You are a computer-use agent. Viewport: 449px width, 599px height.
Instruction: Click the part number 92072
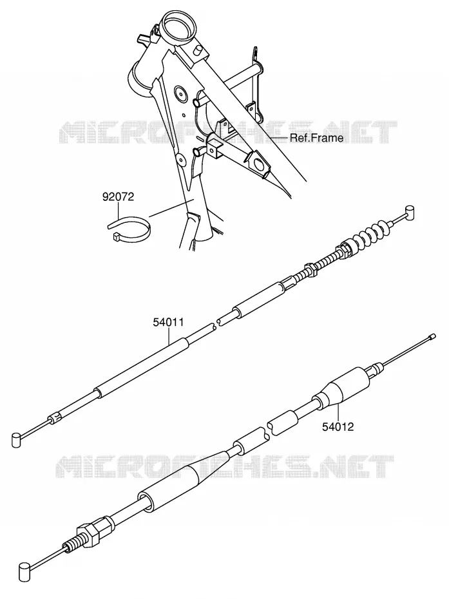118,197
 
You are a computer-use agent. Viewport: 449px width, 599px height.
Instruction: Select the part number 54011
168,322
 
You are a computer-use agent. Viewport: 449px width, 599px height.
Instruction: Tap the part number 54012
338,426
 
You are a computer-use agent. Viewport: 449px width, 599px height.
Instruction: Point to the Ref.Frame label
316,138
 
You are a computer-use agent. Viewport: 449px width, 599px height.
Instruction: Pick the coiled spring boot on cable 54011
370,233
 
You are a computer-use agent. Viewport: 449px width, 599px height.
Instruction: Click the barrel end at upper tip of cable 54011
410,211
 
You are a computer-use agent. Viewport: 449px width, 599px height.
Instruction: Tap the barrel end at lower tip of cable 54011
15,439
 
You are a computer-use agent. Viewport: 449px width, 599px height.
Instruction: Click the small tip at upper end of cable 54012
432,337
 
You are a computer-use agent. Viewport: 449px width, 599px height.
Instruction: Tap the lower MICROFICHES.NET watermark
225,466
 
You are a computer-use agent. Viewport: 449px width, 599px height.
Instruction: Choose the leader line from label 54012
338,413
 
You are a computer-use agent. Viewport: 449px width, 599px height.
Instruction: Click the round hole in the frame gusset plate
179,92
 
